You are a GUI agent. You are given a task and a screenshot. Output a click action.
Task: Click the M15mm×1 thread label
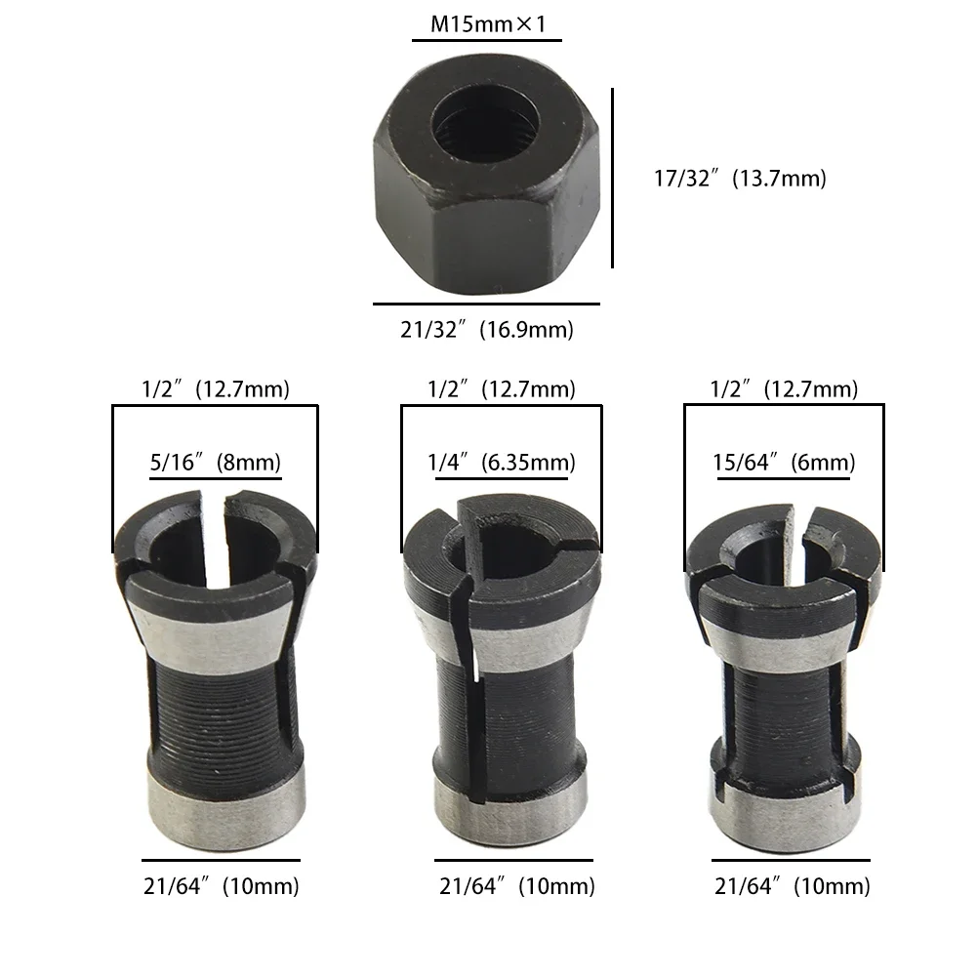(x=487, y=22)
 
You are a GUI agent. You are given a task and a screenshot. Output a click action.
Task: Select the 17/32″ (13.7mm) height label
(x=739, y=179)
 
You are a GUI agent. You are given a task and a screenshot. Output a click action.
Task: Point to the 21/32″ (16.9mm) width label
(x=487, y=330)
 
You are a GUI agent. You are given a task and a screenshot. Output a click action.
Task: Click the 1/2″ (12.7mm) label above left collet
(x=215, y=388)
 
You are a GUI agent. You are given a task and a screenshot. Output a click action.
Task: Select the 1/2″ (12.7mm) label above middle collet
(x=501, y=388)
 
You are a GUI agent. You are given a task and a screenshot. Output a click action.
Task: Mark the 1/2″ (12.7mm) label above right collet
(x=785, y=388)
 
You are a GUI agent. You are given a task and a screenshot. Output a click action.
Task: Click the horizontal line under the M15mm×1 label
(x=487, y=40)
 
